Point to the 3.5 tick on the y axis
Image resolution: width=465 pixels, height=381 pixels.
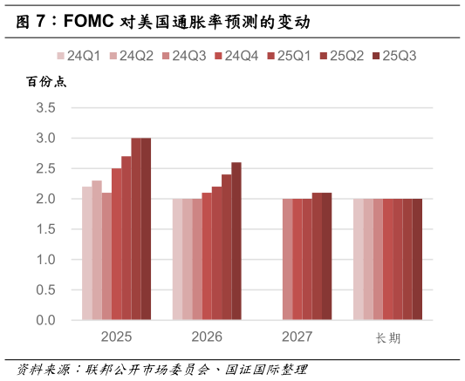pyautogui.click(x=45, y=108)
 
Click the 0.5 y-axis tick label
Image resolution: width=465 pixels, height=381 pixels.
pyautogui.click(x=45, y=290)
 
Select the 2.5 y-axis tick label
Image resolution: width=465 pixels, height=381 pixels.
pyautogui.click(x=45, y=169)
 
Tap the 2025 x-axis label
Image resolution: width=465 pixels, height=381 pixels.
pyautogui.click(x=116, y=337)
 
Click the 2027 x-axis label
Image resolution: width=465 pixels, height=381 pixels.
pyautogui.click(x=297, y=337)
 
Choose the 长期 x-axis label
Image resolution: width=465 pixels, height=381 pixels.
pyautogui.click(x=388, y=337)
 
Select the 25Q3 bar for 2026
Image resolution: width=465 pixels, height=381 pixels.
pyautogui.click(x=236, y=242)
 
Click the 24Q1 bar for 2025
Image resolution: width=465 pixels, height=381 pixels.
pyautogui.click(x=87, y=254)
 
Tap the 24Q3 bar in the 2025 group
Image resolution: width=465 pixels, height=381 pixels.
pyautogui.click(x=106, y=256)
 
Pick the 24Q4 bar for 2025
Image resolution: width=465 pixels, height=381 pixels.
pyautogui.click(x=116, y=244)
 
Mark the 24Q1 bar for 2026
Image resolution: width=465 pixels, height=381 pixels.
pyautogui.click(x=177, y=260)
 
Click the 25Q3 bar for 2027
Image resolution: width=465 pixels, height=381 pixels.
pyautogui.click(x=327, y=256)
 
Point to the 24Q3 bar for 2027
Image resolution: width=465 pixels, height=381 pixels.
pyautogui.click(x=287, y=260)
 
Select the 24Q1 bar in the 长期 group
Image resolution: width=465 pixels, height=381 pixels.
pyautogui.click(x=358, y=260)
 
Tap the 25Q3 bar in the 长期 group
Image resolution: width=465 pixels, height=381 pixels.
pyautogui.click(x=417, y=260)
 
